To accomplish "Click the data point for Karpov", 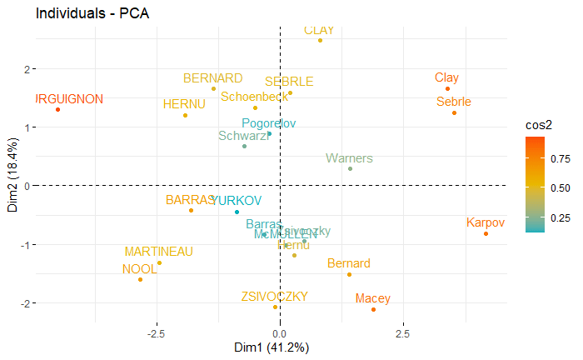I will (486, 234).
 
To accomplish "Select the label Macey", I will (372, 298).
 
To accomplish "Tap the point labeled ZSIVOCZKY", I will (275, 307).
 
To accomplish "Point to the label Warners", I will (349, 158).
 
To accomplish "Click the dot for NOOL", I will (140, 279).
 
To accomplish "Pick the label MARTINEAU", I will (158, 251).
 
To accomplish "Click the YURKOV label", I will (237, 201).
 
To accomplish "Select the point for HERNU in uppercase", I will (185, 115).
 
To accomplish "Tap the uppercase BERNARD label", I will (212, 78).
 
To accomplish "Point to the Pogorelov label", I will (268, 123).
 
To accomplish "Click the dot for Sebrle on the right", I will (454, 113).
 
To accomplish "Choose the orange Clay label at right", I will (446, 77).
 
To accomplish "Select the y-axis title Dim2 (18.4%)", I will (12, 185).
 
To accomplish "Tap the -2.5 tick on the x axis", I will (156, 333).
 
